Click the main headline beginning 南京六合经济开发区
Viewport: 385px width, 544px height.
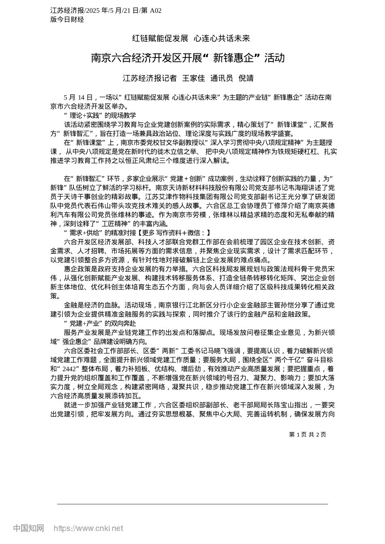point(188,58)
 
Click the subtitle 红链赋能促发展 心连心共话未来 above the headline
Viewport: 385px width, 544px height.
point(191,38)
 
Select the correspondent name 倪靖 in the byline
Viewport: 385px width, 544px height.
point(246,79)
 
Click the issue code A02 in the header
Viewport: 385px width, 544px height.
point(156,11)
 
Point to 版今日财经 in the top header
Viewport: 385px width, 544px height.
point(67,19)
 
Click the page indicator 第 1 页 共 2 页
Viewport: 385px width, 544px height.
point(307,435)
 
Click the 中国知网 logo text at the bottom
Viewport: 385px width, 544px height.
point(29,528)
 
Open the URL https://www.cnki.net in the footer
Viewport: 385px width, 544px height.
point(88,528)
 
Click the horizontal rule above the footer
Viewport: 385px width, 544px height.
point(192,504)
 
